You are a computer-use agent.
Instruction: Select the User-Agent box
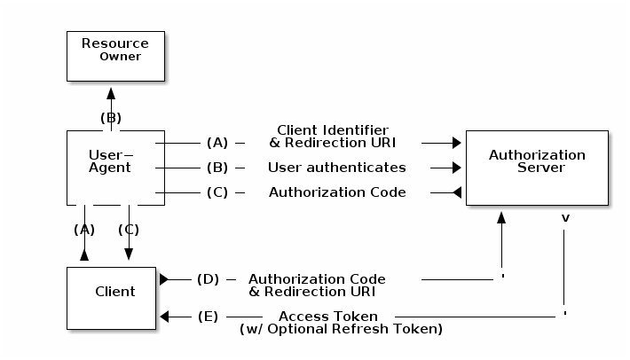[115, 168]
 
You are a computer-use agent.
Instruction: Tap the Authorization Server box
[537, 168]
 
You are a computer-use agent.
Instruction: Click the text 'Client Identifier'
[333, 130]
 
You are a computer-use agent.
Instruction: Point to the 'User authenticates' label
[336, 168]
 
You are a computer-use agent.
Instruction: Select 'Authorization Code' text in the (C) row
[337, 192]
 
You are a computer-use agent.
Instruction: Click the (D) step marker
[208, 279]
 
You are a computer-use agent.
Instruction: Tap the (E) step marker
[208, 317]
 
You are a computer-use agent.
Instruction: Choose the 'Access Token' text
[328, 317]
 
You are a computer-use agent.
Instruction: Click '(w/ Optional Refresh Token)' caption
[341, 329]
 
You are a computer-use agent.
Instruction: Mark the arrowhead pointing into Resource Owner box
[111, 91]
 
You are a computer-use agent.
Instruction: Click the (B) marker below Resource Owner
[111, 117]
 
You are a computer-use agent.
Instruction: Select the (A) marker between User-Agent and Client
[84, 229]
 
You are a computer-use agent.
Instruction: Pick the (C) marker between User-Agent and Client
[129, 229]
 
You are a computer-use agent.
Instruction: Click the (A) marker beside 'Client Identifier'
[217, 143]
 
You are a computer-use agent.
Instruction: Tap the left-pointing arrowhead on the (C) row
[457, 192]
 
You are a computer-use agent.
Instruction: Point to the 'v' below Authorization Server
[565, 216]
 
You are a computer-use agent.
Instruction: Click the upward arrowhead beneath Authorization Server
[502, 216]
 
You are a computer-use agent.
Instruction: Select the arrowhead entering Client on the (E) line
[165, 317]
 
